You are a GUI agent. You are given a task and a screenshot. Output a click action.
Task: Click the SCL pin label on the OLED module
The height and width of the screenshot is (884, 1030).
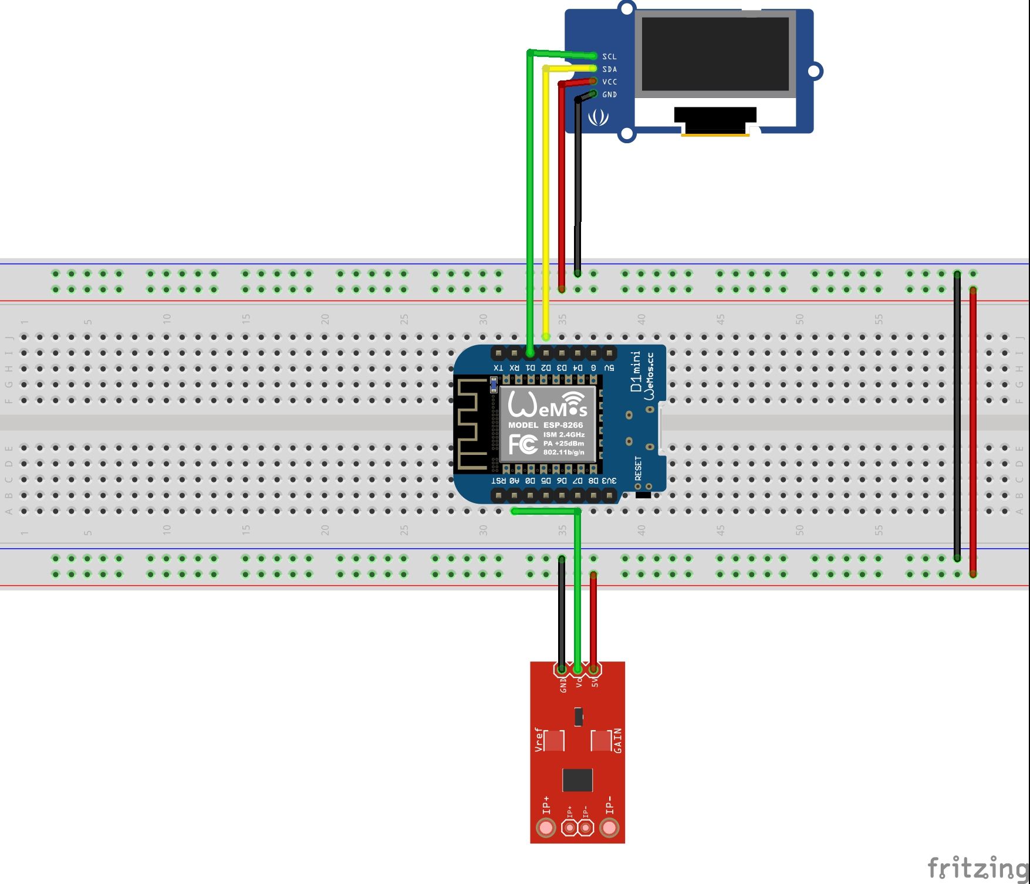(x=609, y=57)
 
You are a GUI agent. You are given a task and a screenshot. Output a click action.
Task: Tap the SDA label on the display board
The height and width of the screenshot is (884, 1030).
(x=609, y=69)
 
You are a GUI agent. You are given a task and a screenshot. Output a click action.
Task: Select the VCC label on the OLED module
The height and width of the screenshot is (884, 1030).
(x=609, y=82)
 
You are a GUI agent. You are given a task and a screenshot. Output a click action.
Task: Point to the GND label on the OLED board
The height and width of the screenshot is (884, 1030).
(x=609, y=95)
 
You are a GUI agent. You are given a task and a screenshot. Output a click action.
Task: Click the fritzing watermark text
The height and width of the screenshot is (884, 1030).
(x=977, y=867)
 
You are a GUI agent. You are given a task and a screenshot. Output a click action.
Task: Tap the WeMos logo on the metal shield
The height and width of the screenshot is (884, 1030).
(x=547, y=404)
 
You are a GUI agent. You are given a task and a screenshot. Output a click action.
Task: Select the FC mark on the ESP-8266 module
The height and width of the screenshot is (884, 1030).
(x=522, y=444)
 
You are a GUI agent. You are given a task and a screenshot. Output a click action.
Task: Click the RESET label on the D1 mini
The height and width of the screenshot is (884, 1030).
(x=639, y=468)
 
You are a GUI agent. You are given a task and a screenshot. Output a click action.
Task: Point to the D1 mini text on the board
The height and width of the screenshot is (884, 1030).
(x=636, y=372)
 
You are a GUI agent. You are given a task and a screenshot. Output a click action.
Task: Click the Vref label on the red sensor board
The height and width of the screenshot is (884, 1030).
(x=539, y=740)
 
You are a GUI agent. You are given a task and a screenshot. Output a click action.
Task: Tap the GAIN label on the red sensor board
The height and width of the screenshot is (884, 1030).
(x=617, y=741)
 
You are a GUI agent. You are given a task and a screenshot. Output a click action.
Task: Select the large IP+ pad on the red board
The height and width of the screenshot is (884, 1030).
(x=546, y=828)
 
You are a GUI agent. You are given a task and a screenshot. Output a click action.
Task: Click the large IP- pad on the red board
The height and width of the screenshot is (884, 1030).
(x=609, y=828)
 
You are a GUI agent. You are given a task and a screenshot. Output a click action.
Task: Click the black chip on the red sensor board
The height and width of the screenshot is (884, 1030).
(x=578, y=780)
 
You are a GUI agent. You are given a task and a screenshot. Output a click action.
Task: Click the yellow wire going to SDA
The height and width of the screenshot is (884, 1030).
(x=546, y=205)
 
